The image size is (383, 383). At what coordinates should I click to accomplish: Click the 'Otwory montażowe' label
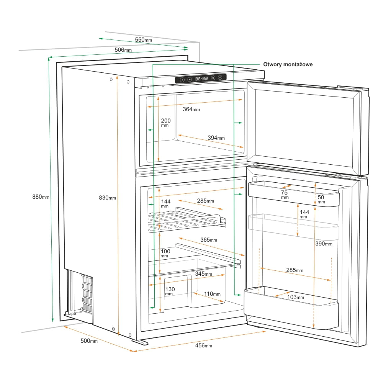[x=288, y=64]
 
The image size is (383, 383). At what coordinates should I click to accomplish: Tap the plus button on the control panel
[x=182, y=80]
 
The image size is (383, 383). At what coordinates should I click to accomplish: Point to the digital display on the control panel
[x=201, y=79]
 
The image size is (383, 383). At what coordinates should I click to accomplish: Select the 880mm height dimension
[x=41, y=197]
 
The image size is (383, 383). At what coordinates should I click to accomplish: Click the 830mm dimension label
[x=107, y=198]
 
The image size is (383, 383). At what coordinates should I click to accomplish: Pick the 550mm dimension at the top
[x=143, y=40]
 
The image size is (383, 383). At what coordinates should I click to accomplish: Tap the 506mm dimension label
[x=123, y=50]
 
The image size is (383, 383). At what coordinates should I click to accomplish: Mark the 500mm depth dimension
[x=89, y=340]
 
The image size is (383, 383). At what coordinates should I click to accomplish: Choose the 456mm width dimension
[x=203, y=345]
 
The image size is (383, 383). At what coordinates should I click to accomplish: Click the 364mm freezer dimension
[x=191, y=109]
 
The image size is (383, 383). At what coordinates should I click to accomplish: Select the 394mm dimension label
[x=216, y=138]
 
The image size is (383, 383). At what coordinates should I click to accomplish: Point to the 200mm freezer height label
[x=165, y=123]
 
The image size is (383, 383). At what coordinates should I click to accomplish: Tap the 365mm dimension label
[x=209, y=240]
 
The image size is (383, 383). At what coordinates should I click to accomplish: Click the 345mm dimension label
[x=203, y=274]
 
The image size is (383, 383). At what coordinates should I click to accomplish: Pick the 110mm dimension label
[x=212, y=294]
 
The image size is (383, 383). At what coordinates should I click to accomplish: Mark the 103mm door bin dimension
[x=295, y=297]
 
